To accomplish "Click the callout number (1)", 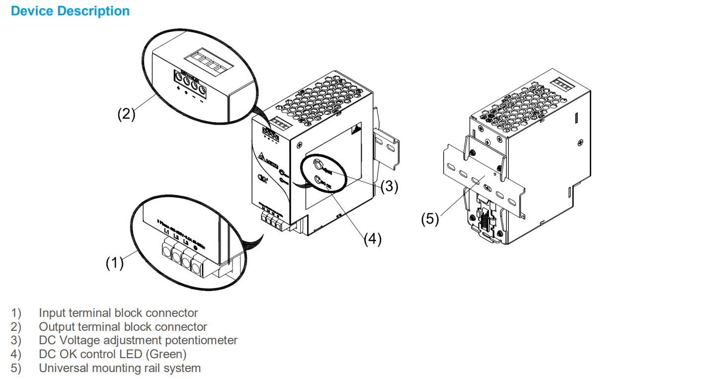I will tap(114, 263).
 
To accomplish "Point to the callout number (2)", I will tap(126, 114).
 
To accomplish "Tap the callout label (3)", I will tap(390, 186).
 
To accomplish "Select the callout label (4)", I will tap(372, 239).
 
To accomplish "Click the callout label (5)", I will tap(430, 219).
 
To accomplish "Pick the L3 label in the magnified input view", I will tap(186, 241).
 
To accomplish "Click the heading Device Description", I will tap(70, 11).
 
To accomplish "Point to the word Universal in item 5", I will tap(61, 369).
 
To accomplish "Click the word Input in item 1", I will tap(51, 313).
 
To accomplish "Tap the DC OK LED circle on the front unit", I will tap(317, 179).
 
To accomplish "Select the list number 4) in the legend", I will tap(16, 355).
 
